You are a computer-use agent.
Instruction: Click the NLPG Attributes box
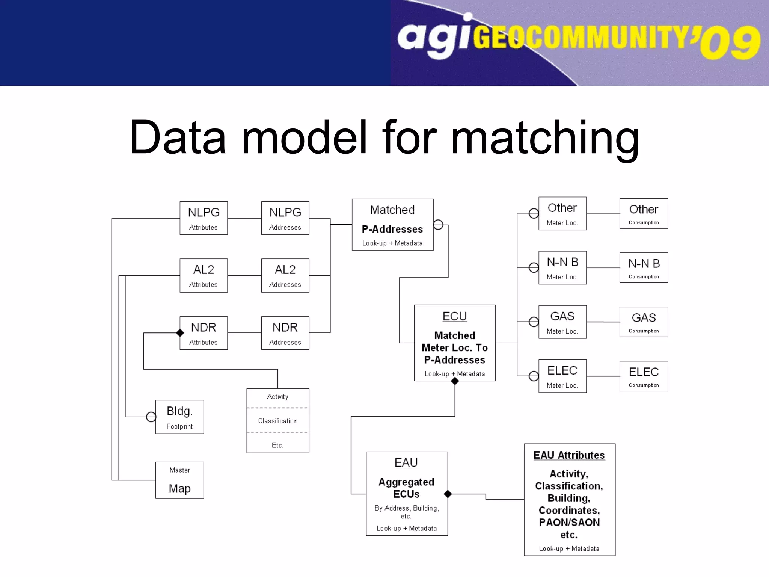[x=204, y=218]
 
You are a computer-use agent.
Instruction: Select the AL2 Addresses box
[x=285, y=275]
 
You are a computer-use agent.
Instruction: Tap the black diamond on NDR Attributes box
[x=180, y=333]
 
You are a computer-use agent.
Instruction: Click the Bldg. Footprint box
[x=179, y=417]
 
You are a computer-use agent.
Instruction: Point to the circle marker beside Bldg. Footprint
[x=151, y=417]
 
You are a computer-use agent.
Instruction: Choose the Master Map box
[x=179, y=480]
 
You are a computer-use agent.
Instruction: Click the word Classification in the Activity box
[x=278, y=421]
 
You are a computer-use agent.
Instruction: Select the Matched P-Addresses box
[x=392, y=225]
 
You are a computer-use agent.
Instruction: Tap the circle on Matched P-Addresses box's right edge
[x=438, y=225]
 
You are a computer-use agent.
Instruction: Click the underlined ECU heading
[x=454, y=316]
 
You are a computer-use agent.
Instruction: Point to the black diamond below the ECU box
[x=455, y=381]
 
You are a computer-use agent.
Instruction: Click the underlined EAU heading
[x=406, y=462]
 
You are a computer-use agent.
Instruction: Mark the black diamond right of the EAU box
[x=448, y=494]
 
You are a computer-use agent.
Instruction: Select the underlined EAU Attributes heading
[x=569, y=455]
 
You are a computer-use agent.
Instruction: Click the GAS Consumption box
[x=644, y=322]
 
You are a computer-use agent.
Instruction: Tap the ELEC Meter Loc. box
[x=562, y=376]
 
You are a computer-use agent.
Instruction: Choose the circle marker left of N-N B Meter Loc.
[x=534, y=267]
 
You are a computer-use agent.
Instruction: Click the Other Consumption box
[x=644, y=214]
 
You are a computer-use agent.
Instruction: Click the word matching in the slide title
[x=544, y=138]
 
